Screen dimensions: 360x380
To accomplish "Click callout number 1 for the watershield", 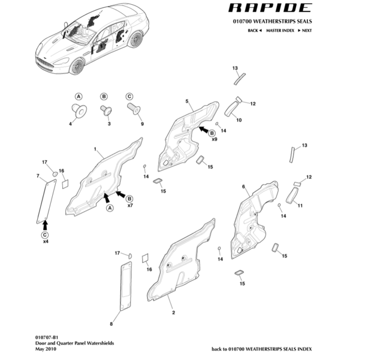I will [x=95, y=148].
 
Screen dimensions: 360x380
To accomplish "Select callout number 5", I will [x=187, y=102].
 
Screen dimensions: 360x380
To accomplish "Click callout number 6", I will [x=243, y=187].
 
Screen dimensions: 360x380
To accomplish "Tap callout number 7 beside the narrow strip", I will [x=38, y=176].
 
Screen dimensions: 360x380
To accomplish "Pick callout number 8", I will [x=111, y=325].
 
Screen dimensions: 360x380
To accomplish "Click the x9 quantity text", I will [x=215, y=139].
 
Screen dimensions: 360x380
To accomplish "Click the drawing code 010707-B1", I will [x=46, y=338].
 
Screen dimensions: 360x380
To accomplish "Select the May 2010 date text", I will [x=46, y=349].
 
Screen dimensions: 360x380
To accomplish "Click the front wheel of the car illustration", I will [x=77, y=65].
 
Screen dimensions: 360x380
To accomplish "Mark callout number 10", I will [x=239, y=120].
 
